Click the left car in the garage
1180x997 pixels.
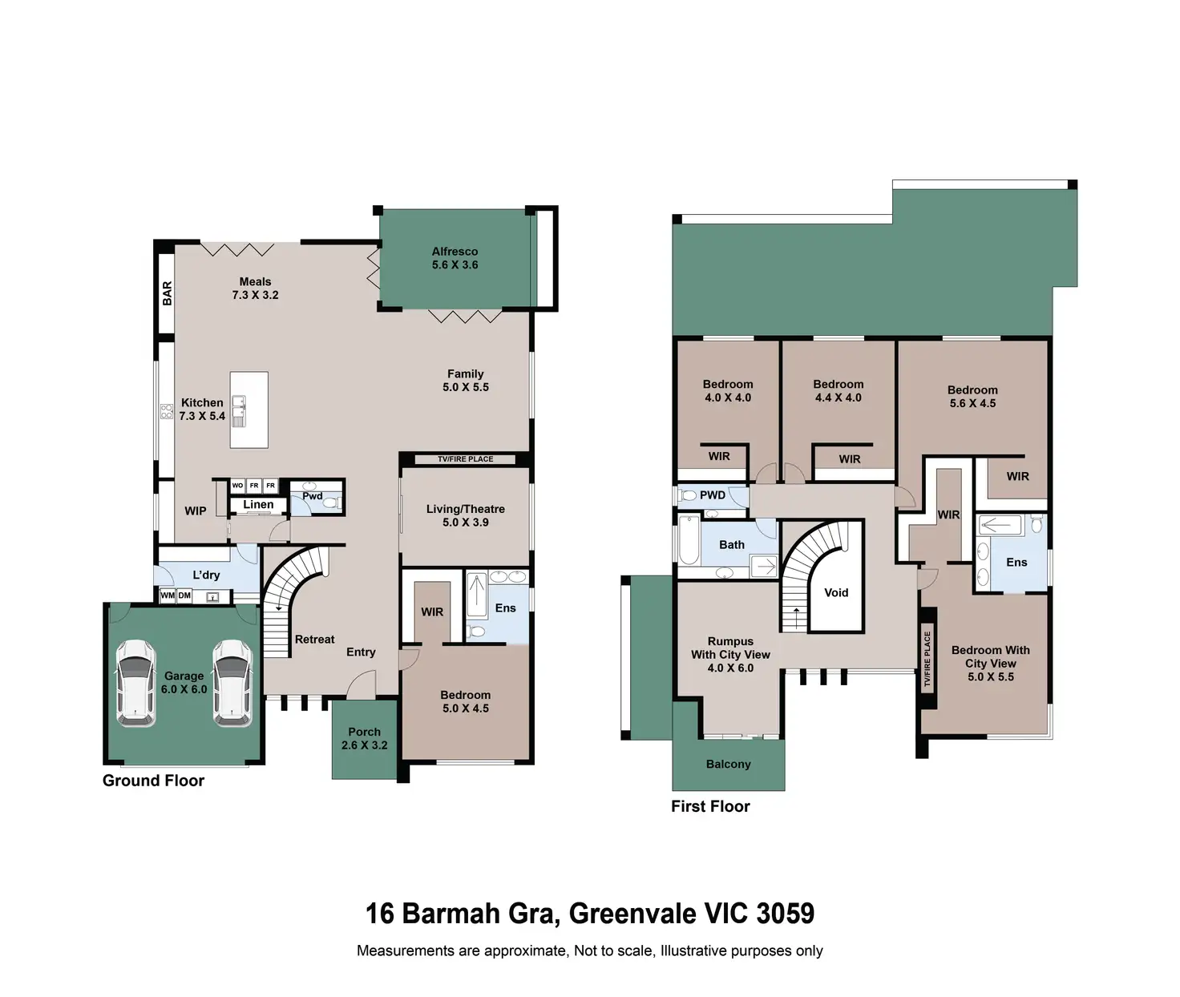[135, 683]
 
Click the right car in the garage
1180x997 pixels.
[232, 683]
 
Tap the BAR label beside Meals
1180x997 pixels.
[168, 293]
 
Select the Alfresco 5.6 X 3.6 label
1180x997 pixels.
[455, 258]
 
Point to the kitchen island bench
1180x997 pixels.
[249, 410]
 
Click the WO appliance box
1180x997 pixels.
[238, 486]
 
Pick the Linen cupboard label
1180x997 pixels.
[258, 505]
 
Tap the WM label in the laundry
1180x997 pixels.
[168, 595]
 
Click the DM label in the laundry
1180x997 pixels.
[184, 595]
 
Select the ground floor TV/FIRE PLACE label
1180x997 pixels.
[465, 459]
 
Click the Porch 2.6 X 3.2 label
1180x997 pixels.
[365, 739]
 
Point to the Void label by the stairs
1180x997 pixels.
[836, 592]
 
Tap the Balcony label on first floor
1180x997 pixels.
[729, 764]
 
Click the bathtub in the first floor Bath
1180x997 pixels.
[689, 539]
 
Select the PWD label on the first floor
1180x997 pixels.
[712, 495]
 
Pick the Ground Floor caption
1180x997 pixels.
[153, 781]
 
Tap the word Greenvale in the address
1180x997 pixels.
[632, 914]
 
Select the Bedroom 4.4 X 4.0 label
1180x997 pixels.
[838, 390]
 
